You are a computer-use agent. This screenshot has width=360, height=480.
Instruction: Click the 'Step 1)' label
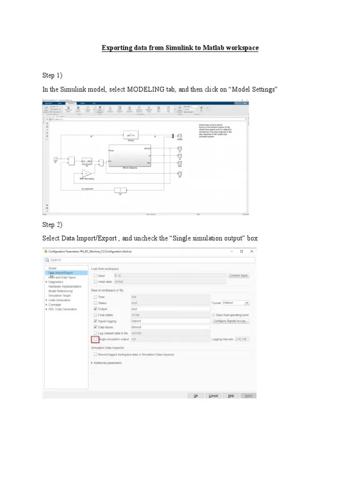[52, 75]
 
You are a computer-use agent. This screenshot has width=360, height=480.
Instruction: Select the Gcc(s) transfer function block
[131, 135]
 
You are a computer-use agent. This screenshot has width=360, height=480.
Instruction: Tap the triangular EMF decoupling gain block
[84, 173]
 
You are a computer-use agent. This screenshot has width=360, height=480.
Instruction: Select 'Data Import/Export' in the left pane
[61, 272]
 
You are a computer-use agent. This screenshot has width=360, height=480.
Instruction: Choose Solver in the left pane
[53, 268]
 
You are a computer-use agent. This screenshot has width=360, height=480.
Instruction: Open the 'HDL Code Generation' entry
[62, 309]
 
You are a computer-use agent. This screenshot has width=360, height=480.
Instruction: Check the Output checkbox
[96, 309]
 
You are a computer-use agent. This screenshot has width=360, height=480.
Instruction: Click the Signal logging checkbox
[96, 321]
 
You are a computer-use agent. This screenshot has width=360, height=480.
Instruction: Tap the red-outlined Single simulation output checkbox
[96, 339]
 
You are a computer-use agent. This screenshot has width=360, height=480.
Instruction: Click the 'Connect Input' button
[239, 276]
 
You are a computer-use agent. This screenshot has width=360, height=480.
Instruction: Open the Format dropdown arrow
[247, 303]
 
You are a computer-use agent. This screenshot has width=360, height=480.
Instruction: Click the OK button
[195, 396]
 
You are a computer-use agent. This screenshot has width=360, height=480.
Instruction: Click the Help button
[231, 396]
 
